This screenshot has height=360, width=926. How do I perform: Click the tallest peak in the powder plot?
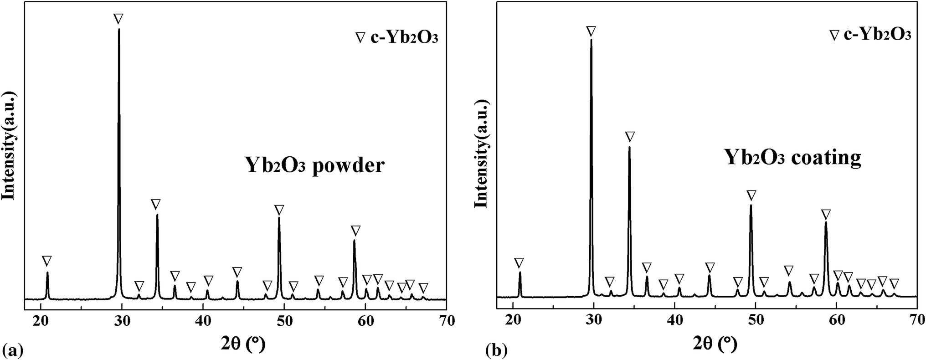(119, 30)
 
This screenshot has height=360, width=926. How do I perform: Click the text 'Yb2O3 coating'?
(792, 158)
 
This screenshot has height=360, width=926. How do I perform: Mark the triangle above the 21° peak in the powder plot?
(46, 261)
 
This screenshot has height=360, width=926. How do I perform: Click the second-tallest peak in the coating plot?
(630, 148)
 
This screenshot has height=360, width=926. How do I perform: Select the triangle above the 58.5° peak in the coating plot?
(826, 214)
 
